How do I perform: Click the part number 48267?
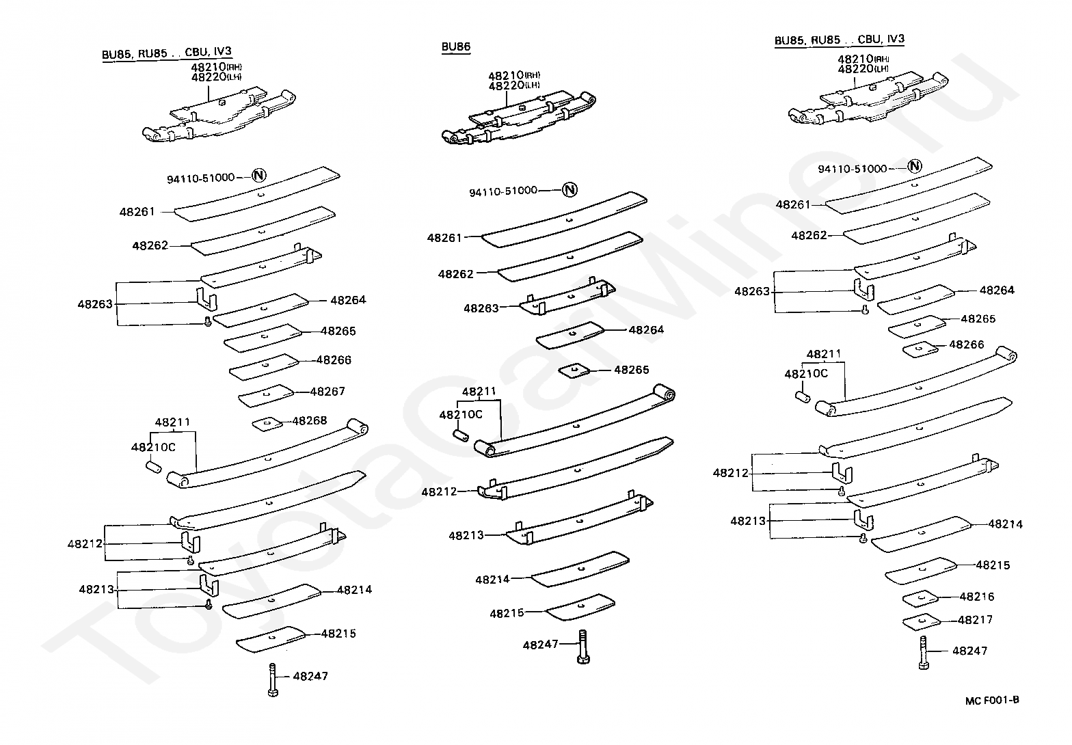327,392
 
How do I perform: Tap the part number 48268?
310,420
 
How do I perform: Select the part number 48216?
977,597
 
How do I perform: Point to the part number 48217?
975,620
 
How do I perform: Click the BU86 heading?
455,46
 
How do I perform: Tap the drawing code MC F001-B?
992,701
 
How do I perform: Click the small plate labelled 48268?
267,424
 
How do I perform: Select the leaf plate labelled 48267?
266,396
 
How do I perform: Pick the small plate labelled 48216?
920,599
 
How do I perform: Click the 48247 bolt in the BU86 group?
583,647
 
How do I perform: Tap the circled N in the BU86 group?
569,190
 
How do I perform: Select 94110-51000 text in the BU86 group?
503,191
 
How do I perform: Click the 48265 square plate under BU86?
575,370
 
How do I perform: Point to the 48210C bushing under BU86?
461,436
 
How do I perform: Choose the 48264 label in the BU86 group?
646,329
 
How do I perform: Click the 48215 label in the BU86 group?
507,613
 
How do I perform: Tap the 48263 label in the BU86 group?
481,308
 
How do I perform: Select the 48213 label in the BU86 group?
466,535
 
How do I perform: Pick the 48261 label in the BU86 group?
444,238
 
